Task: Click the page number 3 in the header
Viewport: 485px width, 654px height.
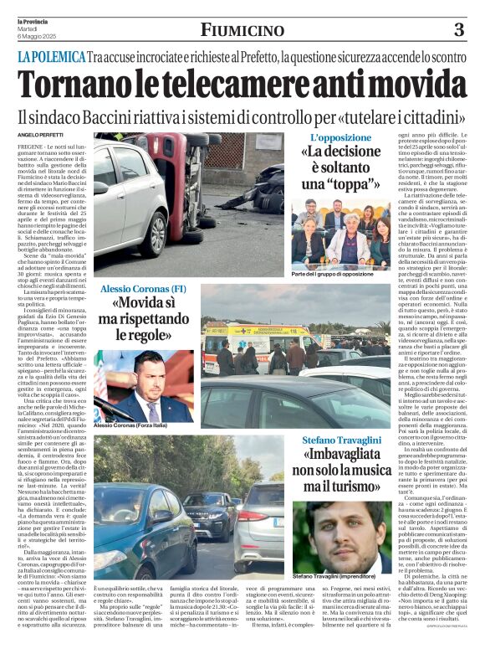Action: tap(459, 30)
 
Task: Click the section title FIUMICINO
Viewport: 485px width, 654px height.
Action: tap(242, 31)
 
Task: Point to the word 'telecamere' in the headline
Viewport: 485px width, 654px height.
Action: tap(275, 85)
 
